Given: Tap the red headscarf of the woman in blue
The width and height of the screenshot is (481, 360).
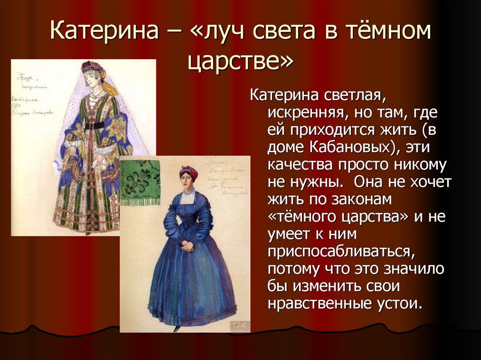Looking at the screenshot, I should pos(188,172).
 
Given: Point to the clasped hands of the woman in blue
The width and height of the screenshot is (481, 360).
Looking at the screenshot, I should pos(187,245).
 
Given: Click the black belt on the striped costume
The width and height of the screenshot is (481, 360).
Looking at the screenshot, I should pos(94,125).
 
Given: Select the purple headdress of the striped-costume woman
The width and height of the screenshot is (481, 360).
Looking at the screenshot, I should pos(92,67).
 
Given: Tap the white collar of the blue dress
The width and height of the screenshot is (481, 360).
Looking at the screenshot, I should pos(188,193).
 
